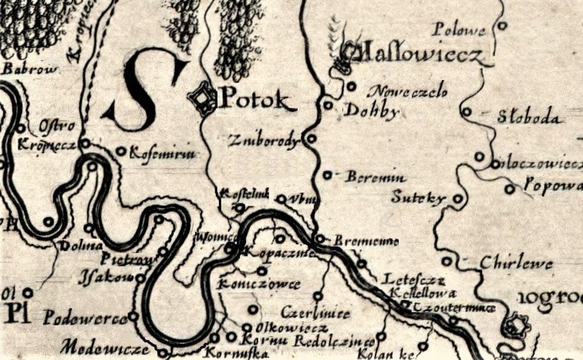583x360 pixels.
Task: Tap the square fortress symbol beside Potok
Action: (204, 99)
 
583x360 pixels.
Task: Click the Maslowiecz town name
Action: (416, 55)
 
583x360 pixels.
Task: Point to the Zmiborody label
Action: (264, 141)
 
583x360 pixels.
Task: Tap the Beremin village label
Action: (371, 177)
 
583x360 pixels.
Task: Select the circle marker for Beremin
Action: (328, 175)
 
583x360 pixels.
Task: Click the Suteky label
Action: (419, 198)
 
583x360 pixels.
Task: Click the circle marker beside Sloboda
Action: (466, 112)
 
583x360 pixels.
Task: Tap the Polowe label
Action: (459, 31)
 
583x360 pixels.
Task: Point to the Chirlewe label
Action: (516, 264)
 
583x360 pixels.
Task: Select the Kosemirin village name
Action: (163, 154)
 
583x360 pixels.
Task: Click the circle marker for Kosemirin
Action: (121, 151)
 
